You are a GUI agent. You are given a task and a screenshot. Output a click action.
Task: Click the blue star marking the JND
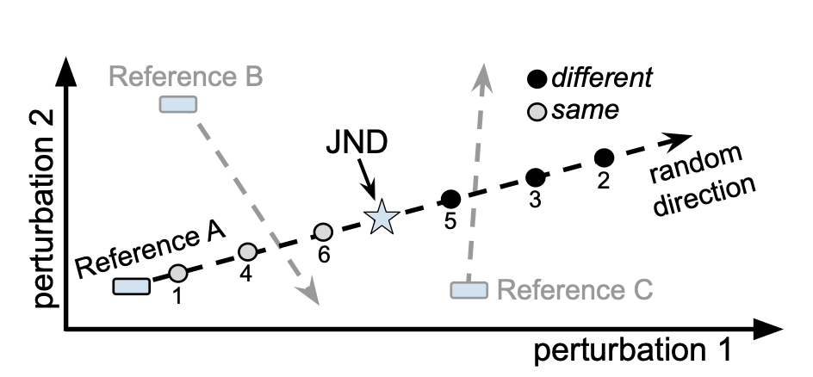[x=380, y=218]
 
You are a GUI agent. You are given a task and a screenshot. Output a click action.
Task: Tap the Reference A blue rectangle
[x=132, y=286]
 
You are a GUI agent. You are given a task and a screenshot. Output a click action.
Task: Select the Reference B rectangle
[x=178, y=104]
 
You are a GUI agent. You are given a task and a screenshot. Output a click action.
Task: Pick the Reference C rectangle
[x=469, y=289]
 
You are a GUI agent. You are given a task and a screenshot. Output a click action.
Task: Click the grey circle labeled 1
[x=177, y=273]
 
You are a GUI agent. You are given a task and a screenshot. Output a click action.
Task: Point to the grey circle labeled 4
[x=247, y=251]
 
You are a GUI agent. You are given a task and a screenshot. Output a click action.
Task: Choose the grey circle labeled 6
[x=323, y=231]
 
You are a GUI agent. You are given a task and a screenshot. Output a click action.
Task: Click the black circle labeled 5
[x=450, y=199]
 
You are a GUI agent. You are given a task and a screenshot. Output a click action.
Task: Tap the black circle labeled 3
[x=536, y=177]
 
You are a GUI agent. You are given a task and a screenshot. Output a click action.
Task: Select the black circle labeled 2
[x=605, y=158]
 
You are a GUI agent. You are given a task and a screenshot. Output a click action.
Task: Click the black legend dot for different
[x=538, y=79]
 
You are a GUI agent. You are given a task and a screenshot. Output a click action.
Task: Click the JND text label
[x=357, y=141]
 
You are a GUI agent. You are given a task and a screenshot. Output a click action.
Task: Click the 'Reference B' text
[x=186, y=77]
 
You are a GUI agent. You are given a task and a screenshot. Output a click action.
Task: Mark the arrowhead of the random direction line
[x=682, y=139]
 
